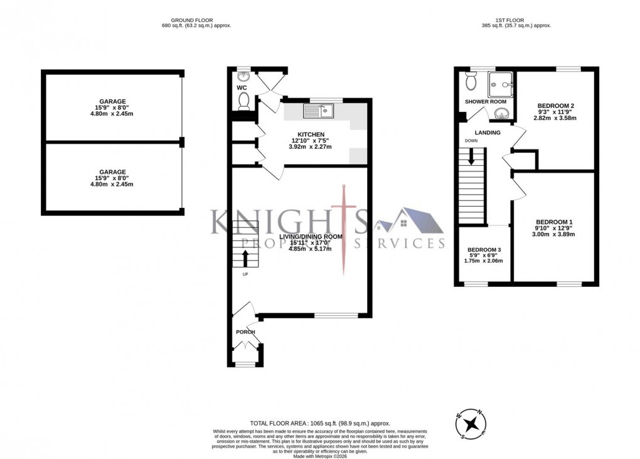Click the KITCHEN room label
point(311,134)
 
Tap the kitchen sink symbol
point(320,112)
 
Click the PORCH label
point(245,332)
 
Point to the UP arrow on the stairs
point(244,258)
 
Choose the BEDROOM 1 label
point(553,222)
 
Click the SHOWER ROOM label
point(485,101)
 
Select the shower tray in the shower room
point(501,80)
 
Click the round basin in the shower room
point(501,113)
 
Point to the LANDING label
point(488,132)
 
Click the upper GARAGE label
point(112,101)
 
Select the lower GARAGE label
point(112,171)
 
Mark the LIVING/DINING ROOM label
point(315,236)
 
